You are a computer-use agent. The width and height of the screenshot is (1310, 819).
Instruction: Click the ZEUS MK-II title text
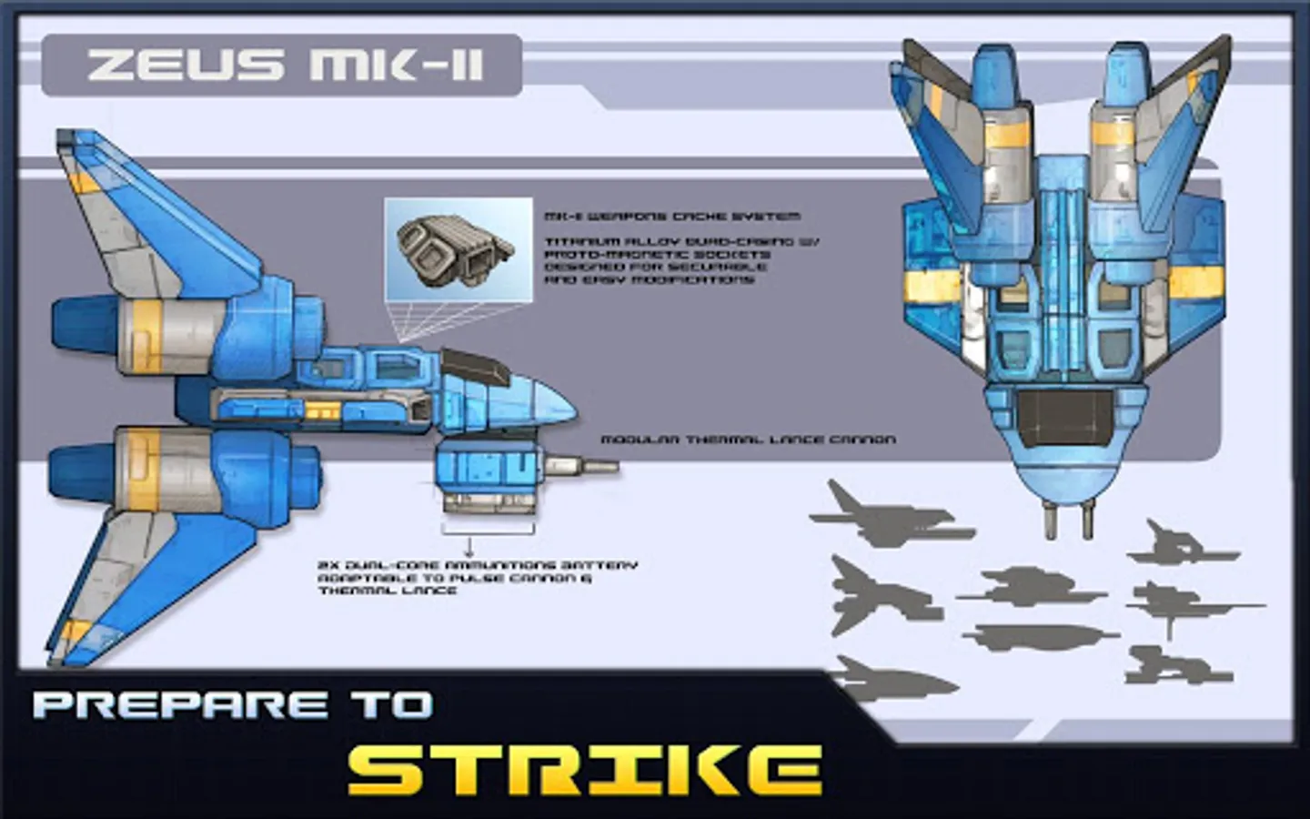click(x=284, y=66)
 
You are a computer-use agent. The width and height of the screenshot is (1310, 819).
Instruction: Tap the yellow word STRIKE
click(x=584, y=770)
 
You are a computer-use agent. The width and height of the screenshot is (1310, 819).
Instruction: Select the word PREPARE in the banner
click(x=178, y=705)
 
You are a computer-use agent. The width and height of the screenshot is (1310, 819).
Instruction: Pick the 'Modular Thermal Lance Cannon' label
click(x=748, y=440)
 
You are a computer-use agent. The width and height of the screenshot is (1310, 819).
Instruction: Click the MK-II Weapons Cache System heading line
click(x=672, y=217)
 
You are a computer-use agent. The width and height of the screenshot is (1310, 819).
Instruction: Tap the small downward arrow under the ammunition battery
click(x=469, y=548)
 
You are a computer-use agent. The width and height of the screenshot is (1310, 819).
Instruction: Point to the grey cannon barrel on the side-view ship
click(x=582, y=468)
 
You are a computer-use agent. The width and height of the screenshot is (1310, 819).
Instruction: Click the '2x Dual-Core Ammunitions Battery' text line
click(x=478, y=565)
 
